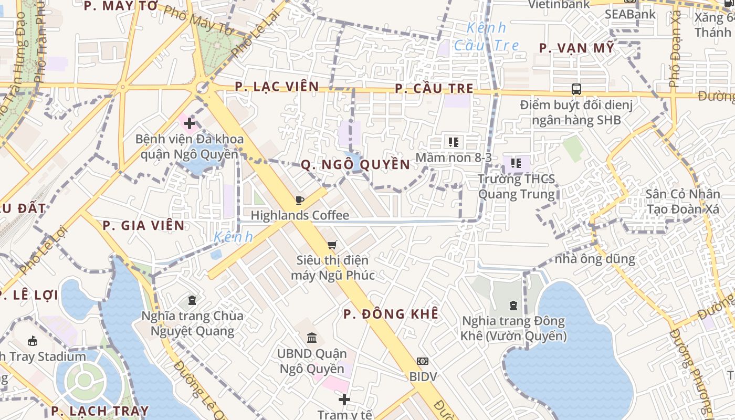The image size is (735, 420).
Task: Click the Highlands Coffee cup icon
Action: pos(299,200)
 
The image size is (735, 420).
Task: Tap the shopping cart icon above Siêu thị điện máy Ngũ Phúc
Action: pos(332,245)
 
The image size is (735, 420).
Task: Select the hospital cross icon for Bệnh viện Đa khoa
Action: pos(190,124)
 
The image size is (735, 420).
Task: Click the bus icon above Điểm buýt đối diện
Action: pos(576,89)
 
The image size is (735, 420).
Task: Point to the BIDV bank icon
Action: pos(423,361)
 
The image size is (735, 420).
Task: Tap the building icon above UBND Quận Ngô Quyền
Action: pos(312,338)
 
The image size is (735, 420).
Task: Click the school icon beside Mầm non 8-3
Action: pos(454,142)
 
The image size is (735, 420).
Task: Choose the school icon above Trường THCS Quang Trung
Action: pos(516,163)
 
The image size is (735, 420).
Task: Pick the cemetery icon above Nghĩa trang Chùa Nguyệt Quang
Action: pos(192,300)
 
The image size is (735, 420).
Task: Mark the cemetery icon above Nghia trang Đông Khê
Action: pos(513,305)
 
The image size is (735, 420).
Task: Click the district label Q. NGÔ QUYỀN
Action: pos(355,165)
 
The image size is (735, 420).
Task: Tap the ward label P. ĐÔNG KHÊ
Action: pos(391,314)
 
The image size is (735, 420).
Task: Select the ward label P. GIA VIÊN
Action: pos(144,226)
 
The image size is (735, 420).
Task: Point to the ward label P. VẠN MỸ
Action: pos(576,48)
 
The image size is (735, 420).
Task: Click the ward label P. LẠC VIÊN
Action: pos(277,86)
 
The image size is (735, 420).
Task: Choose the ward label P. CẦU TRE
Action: pos(434,89)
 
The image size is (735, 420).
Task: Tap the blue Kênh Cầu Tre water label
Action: pos(487,36)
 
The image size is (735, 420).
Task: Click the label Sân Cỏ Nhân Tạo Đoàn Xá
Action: pos(682,202)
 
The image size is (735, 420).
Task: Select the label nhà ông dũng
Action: pos(595,259)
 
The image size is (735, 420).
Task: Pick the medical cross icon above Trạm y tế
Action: pos(344,400)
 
